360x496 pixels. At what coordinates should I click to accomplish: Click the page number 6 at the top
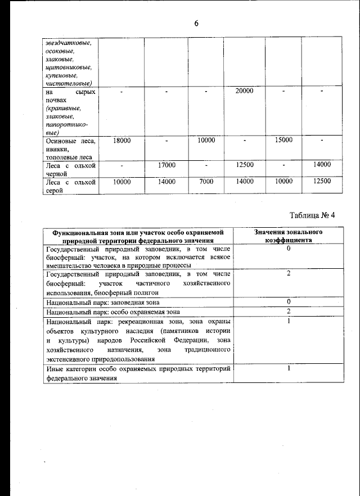click(x=196, y=23)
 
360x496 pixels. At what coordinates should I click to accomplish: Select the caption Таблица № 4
click(x=312, y=215)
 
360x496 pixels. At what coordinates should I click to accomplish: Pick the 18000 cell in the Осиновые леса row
click(x=121, y=140)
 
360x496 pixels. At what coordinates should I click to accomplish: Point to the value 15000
click(x=283, y=140)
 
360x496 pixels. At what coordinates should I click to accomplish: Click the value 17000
click(x=166, y=165)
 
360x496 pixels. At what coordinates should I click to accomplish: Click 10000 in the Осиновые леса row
click(x=206, y=140)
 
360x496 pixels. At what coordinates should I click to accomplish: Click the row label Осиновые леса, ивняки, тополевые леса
click(x=70, y=148)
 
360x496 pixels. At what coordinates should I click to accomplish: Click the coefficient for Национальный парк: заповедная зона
click(x=288, y=302)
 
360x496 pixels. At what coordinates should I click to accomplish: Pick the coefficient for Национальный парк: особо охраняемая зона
click(x=288, y=311)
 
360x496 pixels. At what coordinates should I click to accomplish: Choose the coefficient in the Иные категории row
click(x=288, y=369)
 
